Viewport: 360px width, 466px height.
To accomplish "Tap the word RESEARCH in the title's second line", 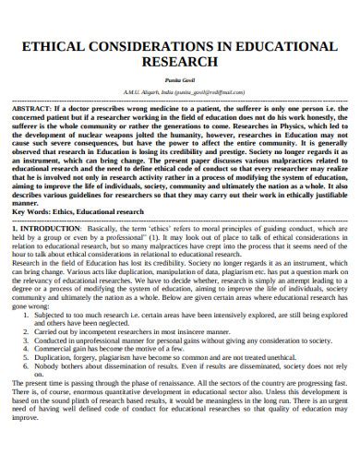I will tap(180, 62).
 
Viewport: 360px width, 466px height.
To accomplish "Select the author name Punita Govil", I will tap(180, 81).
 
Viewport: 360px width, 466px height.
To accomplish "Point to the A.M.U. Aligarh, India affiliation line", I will tap(180, 93).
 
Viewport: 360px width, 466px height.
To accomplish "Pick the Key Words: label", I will tap(39, 210).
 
